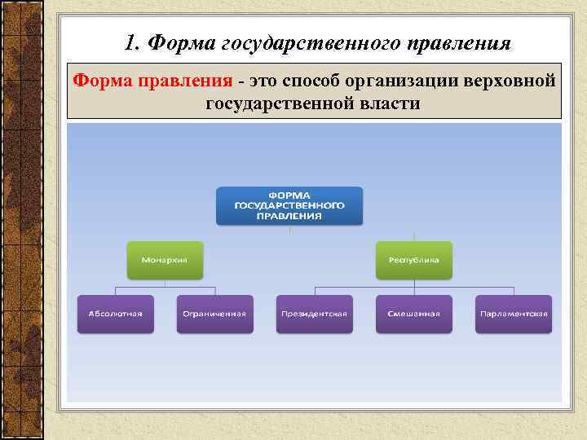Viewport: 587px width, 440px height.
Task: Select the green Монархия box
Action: (165, 260)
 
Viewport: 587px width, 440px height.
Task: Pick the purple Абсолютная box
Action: (115, 314)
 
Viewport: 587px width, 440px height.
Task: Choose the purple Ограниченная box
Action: (214, 314)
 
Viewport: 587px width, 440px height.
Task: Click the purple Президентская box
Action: (314, 314)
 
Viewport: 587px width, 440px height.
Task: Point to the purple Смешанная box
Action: (413, 314)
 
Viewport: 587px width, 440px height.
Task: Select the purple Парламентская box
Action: (514, 314)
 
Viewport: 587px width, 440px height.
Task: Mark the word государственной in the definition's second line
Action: (281, 103)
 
